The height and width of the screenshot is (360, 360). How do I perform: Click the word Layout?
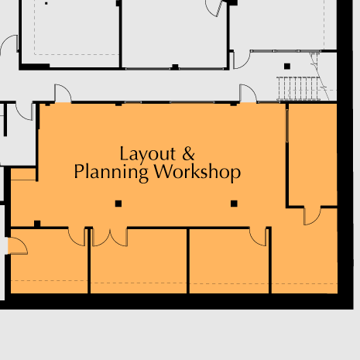point(147,154)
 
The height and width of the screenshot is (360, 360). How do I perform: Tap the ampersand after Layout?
point(188,153)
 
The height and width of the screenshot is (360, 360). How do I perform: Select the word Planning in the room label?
point(111,173)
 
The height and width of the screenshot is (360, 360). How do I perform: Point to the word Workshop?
point(197,172)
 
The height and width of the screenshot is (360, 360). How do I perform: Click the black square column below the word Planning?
point(118,204)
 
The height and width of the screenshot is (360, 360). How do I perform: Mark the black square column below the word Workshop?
point(234,204)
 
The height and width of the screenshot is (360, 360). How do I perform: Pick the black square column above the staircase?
point(287,67)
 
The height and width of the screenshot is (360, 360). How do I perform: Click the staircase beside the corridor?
point(299,88)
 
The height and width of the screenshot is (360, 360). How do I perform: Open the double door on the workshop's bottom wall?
point(110,237)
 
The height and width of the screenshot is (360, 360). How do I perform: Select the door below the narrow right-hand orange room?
point(312,216)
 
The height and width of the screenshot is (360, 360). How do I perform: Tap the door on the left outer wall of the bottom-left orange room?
point(18,246)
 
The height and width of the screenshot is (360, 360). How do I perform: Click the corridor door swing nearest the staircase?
point(248,93)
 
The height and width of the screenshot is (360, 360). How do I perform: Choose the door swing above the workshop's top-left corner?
point(63,93)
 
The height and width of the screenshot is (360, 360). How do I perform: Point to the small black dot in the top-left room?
point(46,3)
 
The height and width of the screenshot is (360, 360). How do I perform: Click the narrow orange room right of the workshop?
point(313,155)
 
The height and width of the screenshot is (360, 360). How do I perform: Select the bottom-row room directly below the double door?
point(139,261)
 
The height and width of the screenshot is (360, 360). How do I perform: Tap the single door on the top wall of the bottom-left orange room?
point(77,237)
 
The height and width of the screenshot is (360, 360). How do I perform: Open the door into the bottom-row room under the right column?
point(258,237)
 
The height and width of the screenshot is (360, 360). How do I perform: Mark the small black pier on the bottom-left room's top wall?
point(37,224)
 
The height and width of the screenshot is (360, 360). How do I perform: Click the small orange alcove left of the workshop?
point(23,174)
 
